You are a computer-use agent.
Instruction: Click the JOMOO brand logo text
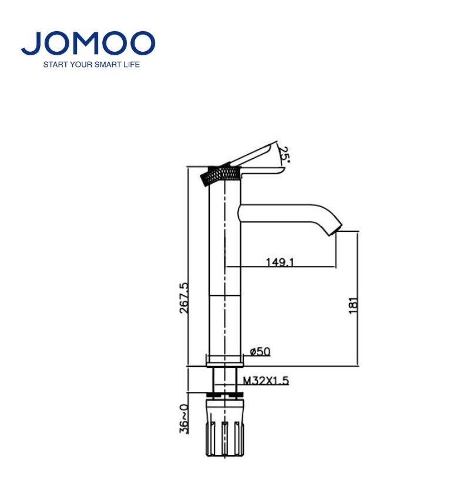(88, 43)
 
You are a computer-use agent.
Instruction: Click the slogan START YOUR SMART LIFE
(92, 65)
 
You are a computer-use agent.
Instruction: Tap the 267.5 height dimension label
(184, 298)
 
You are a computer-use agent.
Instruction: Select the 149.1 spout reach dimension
(280, 262)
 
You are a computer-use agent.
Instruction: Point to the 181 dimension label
(353, 305)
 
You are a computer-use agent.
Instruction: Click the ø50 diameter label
(260, 352)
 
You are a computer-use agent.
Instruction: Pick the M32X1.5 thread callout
(266, 381)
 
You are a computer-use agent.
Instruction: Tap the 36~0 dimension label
(184, 418)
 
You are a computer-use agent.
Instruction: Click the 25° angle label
(284, 155)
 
